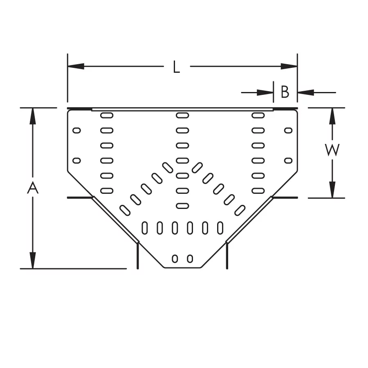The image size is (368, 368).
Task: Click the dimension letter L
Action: click(176, 67)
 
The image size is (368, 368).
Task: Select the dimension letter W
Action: click(332, 150)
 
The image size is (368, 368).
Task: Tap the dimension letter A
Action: click(33, 188)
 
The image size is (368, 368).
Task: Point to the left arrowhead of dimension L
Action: click(76, 66)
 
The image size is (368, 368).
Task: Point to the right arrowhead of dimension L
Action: click(289, 66)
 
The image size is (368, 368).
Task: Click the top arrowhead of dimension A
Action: click(33, 116)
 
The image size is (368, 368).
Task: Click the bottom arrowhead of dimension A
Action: click(33, 260)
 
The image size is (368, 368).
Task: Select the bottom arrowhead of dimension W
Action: click(332, 190)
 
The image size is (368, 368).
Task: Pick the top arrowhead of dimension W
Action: click(332, 116)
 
